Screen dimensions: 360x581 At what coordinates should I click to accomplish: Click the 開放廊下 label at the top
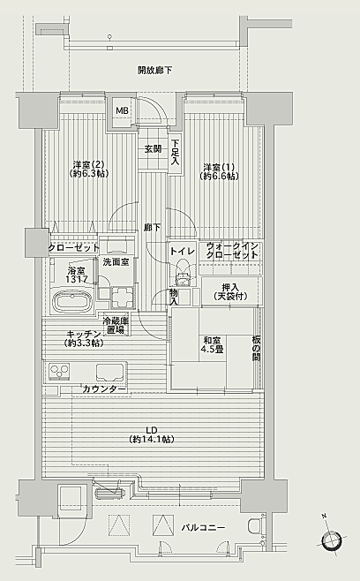click(x=154, y=71)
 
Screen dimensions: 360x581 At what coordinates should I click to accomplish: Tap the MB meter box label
click(x=122, y=110)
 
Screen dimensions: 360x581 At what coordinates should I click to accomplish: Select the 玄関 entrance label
click(x=153, y=149)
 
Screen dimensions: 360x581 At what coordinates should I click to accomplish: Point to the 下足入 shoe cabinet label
click(x=176, y=152)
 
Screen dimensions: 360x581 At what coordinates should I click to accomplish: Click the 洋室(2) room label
click(x=88, y=169)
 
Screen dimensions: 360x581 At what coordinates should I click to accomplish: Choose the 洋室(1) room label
click(x=219, y=171)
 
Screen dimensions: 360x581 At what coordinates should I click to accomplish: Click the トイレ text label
click(x=183, y=252)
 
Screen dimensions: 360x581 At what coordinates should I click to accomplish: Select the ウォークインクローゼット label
click(x=232, y=251)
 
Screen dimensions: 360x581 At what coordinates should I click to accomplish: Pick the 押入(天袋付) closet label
click(x=231, y=291)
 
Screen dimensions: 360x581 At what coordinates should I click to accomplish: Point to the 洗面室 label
click(x=116, y=262)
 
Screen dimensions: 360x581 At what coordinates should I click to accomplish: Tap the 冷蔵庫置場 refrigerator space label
click(x=116, y=325)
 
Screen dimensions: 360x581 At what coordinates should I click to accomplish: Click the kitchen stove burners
click(x=59, y=371)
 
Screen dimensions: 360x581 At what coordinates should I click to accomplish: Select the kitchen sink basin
click(x=109, y=372)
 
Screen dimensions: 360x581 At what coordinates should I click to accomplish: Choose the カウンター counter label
click(x=104, y=389)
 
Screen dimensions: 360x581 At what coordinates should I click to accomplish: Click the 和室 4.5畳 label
click(x=213, y=345)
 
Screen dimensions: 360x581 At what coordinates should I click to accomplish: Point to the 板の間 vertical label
click(x=256, y=348)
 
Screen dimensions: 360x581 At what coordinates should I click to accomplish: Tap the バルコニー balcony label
click(x=203, y=528)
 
